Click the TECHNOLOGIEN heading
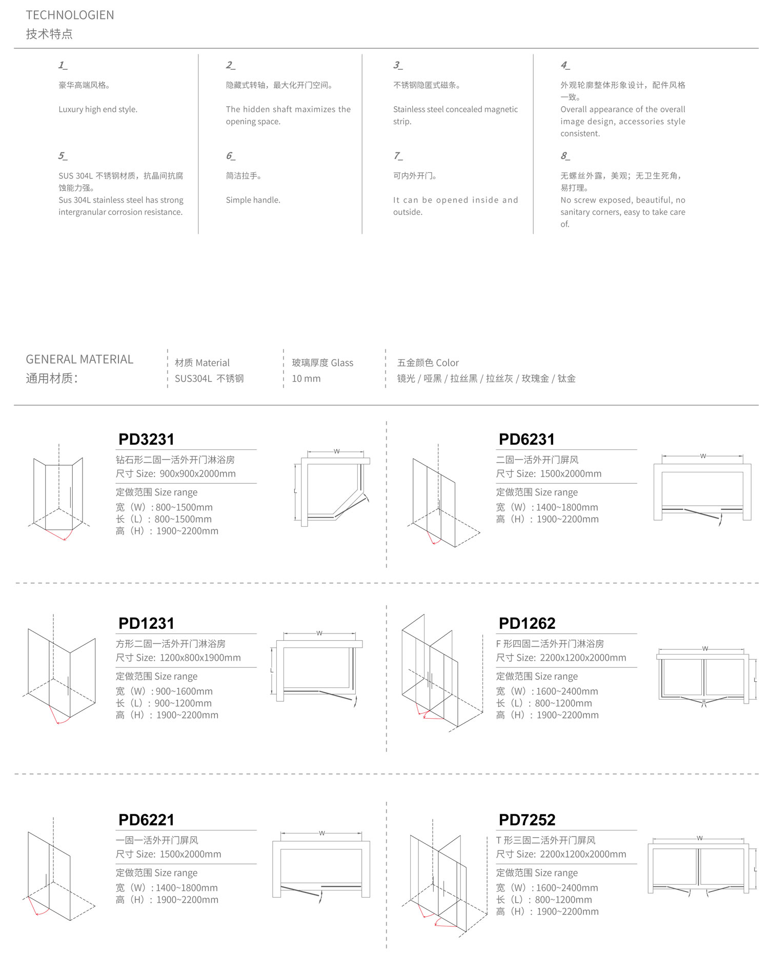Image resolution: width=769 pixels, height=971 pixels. click(x=70, y=15)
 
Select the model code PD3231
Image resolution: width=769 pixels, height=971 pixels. click(x=146, y=440)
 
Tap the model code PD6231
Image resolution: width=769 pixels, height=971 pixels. click(x=527, y=440)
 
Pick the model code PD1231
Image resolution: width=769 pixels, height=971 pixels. click(x=146, y=624)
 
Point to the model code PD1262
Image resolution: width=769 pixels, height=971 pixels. click(x=527, y=624)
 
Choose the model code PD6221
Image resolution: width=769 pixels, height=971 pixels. click(x=146, y=820)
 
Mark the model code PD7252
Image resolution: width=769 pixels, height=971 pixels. click(x=527, y=820)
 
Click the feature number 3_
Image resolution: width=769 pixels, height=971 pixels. click(x=398, y=65)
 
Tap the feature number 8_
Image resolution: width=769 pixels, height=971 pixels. click(x=564, y=156)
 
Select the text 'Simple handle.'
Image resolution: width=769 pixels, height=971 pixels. click(x=253, y=200)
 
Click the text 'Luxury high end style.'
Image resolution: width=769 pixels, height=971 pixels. click(x=98, y=109)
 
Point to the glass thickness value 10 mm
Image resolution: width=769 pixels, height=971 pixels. click(x=306, y=379)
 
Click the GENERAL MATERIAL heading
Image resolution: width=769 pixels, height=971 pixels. click(x=79, y=359)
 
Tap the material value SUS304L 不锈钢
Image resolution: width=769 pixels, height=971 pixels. click(x=209, y=379)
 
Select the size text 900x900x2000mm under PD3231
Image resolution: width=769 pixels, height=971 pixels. click(x=197, y=474)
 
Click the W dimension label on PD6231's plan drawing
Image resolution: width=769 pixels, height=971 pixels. click(x=703, y=456)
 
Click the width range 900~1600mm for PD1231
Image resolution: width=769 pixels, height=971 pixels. click(x=184, y=691)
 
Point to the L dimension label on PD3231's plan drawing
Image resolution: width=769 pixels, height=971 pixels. click(x=295, y=491)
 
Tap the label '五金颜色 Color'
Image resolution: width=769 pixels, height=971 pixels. click(x=428, y=363)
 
